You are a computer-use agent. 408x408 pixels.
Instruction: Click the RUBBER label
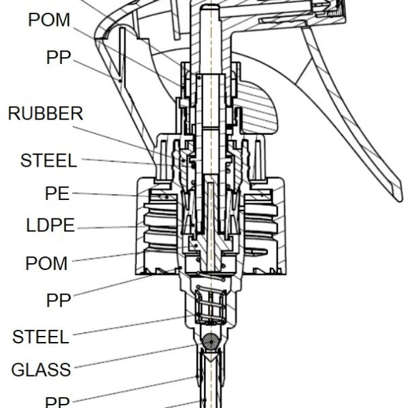tap(46, 114)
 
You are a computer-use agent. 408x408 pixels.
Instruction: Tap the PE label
tap(57, 193)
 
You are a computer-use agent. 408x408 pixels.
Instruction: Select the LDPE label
tap(50, 225)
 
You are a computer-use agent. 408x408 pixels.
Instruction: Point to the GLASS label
tap(41, 369)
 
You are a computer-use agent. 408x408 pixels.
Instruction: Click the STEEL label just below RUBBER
tap(49, 160)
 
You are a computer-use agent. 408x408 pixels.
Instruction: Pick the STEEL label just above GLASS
tap(41, 337)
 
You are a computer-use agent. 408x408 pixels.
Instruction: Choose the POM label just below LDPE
tap(46, 263)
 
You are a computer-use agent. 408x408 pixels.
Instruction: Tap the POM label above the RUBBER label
tap(49, 20)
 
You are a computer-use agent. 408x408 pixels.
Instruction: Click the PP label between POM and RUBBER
tap(58, 57)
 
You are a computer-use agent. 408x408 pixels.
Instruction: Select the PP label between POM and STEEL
tap(58, 300)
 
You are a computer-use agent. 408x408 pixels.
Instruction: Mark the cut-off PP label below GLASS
tap(58, 403)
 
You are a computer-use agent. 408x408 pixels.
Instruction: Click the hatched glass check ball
tap(211, 341)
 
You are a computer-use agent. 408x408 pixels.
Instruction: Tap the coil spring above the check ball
tap(211, 305)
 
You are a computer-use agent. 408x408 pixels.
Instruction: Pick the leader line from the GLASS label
tap(135, 356)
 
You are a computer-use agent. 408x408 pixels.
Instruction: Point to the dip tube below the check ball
tap(211, 380)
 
